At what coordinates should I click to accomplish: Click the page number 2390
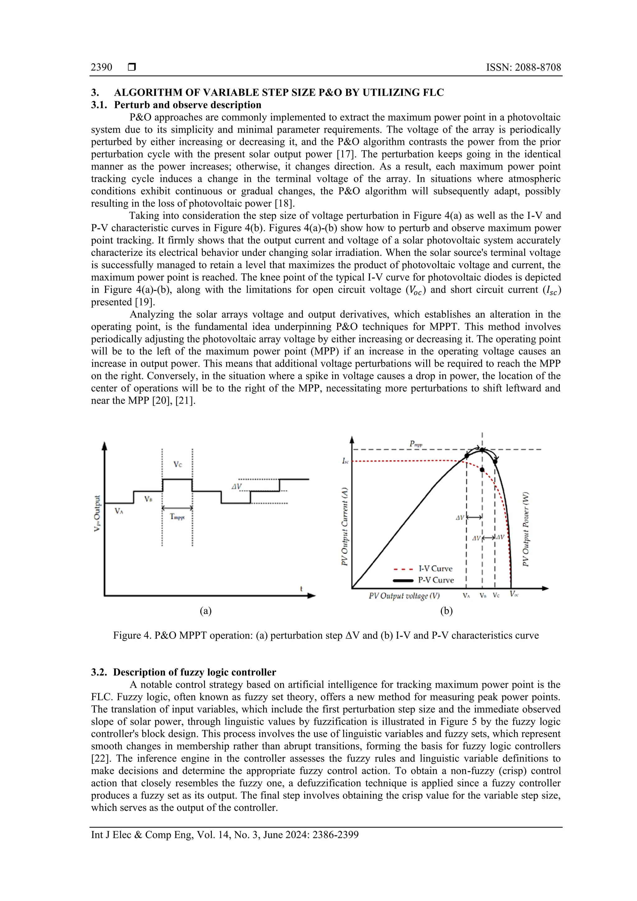(101, 67)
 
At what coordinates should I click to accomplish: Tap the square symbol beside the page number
(132, 67)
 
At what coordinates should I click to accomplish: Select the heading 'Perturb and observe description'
(187, 105)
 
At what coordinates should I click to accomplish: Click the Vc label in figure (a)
(178, 465)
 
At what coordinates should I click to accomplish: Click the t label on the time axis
(301, 589)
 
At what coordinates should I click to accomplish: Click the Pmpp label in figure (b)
(416, 444)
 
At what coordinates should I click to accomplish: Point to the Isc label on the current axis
(345, 461)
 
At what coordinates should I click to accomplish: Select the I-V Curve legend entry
(435, 569)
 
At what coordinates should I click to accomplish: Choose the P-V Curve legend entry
(436, 580)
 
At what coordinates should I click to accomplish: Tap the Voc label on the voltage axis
(514, 594)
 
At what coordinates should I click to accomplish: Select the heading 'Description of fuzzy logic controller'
(195, 672)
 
